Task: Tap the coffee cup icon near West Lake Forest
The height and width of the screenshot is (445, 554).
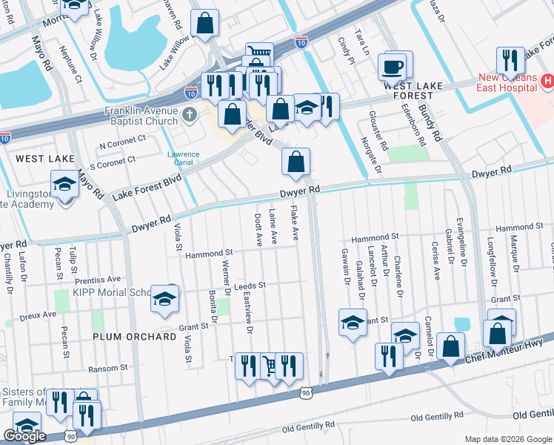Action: click(x=393, y=67)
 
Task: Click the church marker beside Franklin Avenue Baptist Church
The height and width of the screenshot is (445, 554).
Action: click(x=190, y=114)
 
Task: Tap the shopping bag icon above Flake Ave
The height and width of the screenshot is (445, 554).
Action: click(x=296, y=162)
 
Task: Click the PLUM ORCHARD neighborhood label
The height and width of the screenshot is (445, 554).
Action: click(x=135, y=336)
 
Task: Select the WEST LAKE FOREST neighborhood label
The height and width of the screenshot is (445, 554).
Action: click(x=408, y=90)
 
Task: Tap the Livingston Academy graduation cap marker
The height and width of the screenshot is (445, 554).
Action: click(x=64, y=185)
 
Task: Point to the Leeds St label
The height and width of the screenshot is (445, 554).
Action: click(x=249, y=285)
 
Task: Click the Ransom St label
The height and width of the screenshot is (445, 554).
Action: click(x=108, y=369)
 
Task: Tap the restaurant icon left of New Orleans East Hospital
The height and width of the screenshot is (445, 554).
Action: click(x=509, y=62)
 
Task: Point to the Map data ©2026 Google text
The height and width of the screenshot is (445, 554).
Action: click(x=508, y=439)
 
